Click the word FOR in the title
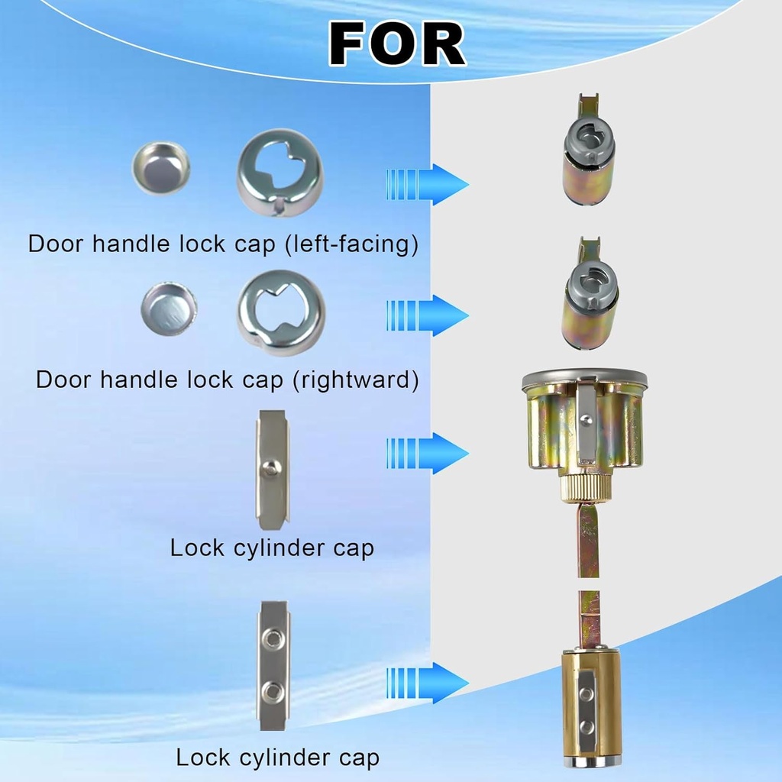[x=397, y=44]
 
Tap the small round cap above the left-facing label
[x=160, y=168]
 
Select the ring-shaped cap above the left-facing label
[x=280, y=172]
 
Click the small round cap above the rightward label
[x=169, y=309]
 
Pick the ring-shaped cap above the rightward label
[x=280, y=312]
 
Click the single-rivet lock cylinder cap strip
[x=272, y=470]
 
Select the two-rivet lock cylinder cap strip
[x=273, y=665]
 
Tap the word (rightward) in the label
[x=356, y=380]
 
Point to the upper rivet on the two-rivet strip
[x=273, y=638]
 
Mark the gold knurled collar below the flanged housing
[x=584, y=488]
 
